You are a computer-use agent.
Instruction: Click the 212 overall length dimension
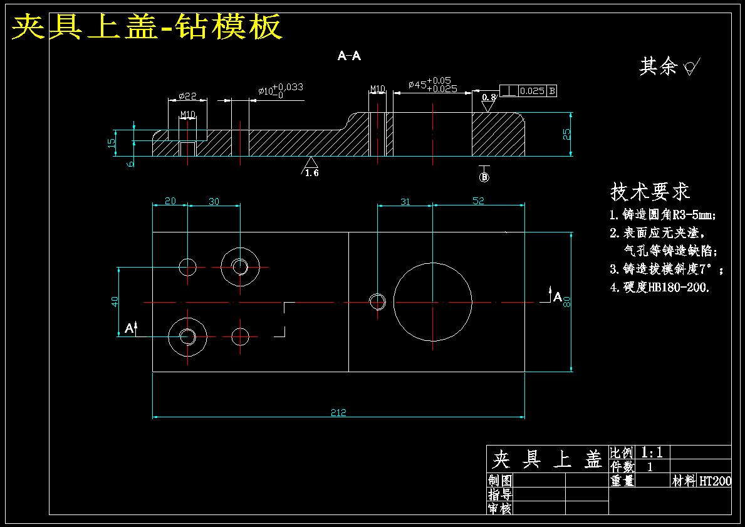click(x=338, y=412)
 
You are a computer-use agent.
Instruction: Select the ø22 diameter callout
click(x=187, y=96)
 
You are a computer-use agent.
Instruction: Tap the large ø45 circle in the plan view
click(x=393, y=302)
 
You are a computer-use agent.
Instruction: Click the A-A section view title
click(x=349, y=56)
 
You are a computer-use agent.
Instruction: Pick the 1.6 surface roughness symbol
click(x=310, y=167)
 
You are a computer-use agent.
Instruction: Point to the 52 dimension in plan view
click(x=478, y=201)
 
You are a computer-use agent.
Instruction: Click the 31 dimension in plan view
click(x=405, y=202)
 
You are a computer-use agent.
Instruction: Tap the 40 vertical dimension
click(x=115, y=301)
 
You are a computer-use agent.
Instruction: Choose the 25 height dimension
click(x=567, y=135)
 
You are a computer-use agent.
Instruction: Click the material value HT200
click(x=715, y=481)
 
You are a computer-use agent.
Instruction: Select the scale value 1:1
click(x=652, y=452)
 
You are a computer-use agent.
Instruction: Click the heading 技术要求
click(x=650, y=192)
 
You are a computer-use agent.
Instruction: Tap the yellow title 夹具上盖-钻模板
click(x=147, y=26)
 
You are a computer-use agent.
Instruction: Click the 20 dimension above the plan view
click(x=170, y=201)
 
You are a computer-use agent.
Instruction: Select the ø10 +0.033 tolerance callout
click(x=281, y=90)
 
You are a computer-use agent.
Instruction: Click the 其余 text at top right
click(x=657, y=66)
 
